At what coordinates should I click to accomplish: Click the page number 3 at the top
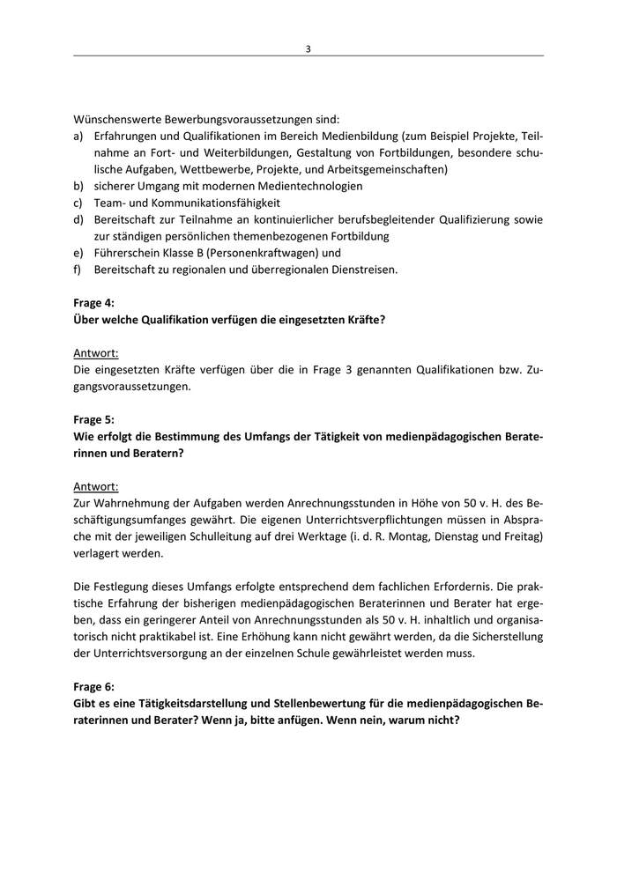click(x=308, y=48)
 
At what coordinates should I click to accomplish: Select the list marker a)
click(x=78, y=137)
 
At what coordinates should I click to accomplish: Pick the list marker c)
click(x=78, y=203)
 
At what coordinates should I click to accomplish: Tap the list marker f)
click(x=78, y=270)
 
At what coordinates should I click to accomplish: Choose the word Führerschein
click(x=128, y=253)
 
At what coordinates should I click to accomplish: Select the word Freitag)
click(x=521, y=536)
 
